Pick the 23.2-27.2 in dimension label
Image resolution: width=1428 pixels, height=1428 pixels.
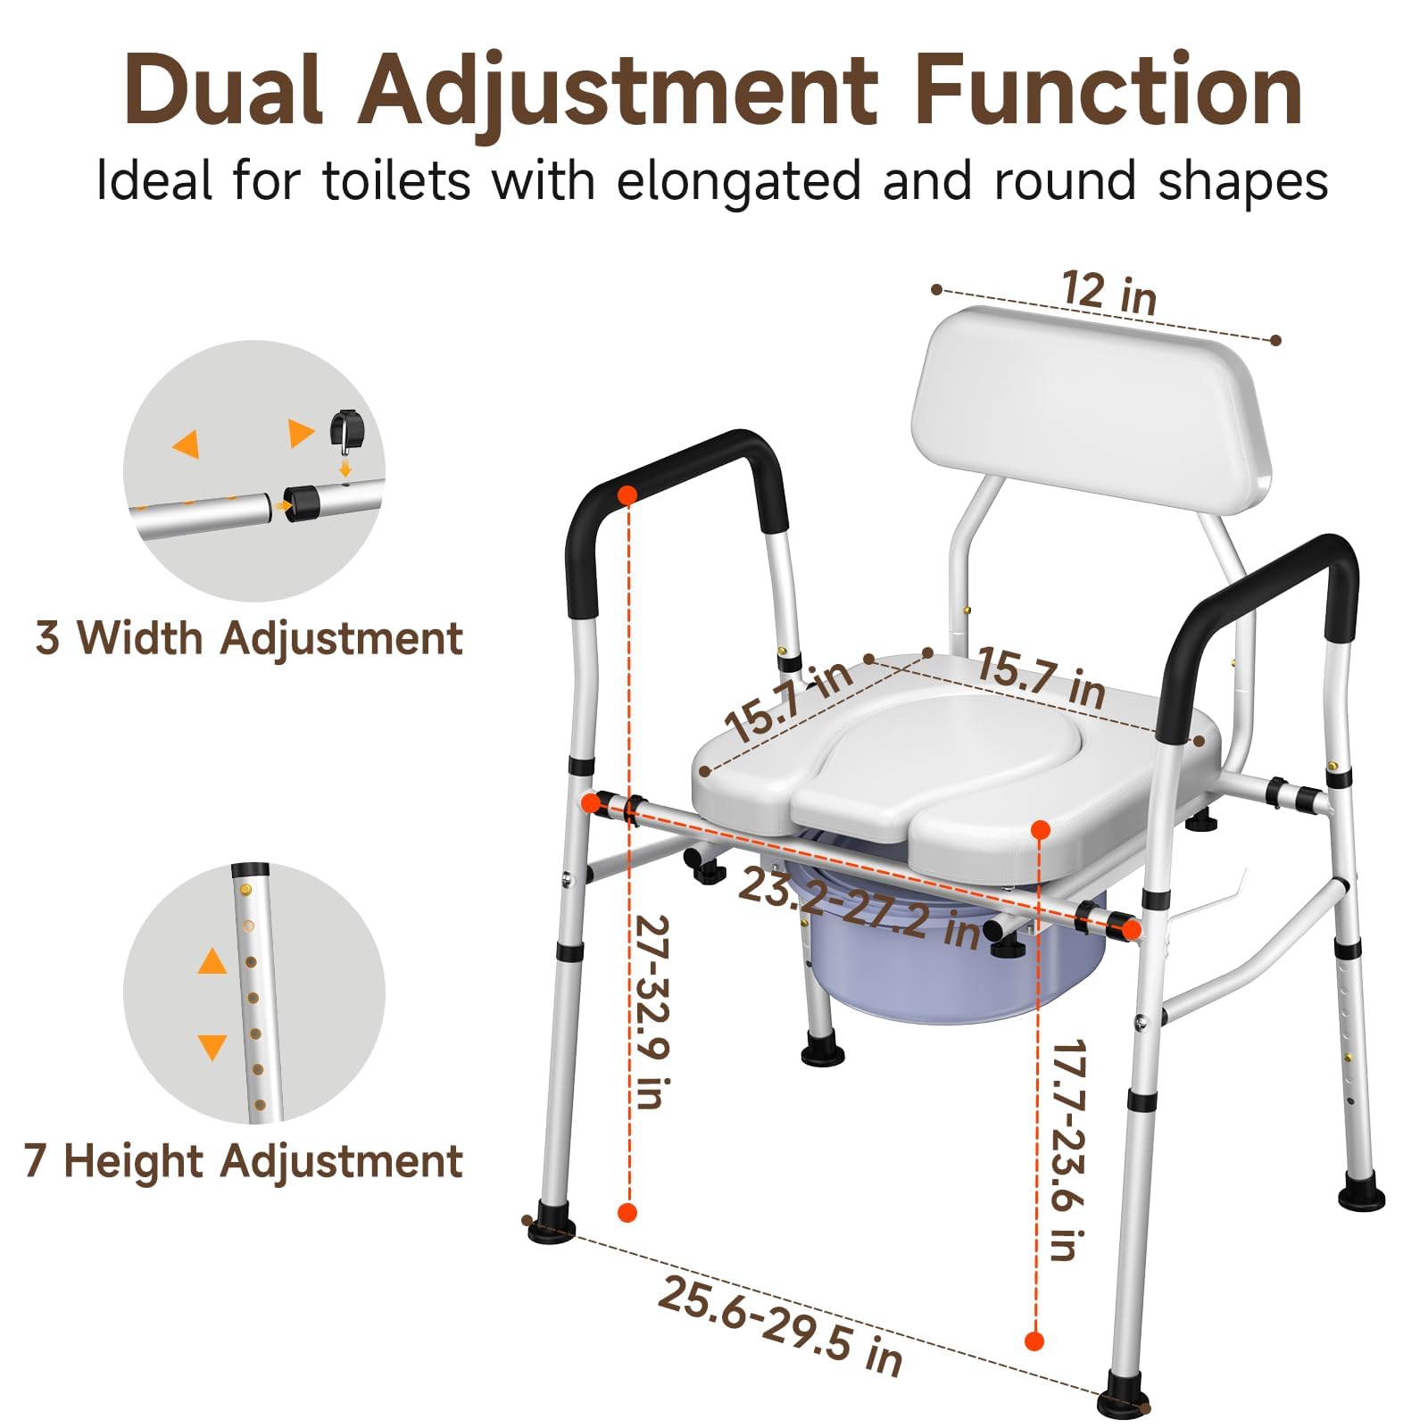pyautogui.click(x=860, y=907)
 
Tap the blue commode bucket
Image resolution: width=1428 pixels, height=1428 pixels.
pyautogui.click(x=946, y=973)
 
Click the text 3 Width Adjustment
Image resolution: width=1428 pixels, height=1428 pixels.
pyautogui.click(x=249, y=638)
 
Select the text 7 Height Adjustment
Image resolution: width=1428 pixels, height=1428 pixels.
pyautogui.click(x=244, y=1161)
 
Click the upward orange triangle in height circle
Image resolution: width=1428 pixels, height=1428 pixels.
pyautogui.click(x=212, y=962)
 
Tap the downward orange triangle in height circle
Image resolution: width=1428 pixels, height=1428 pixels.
pyautogui.click(x=212, y=1046)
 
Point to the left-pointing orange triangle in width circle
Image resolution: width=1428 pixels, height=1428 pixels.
pyautogui.click(x=187, y=444)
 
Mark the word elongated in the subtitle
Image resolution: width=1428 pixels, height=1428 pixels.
pyautogui.click(x=739, y=181)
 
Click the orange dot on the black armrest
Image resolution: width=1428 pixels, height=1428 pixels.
pyautogui.click(x=627, y=494)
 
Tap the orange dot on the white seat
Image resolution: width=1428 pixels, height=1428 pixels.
pyautogui.click(x=1040, y=830)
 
